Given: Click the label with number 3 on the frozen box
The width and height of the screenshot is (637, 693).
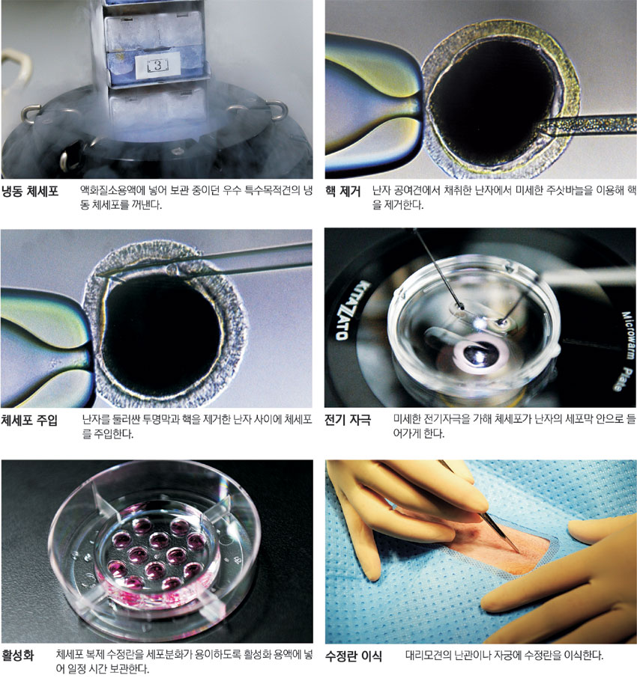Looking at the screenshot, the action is (157, 66).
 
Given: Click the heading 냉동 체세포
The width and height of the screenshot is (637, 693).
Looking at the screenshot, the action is (30, 192).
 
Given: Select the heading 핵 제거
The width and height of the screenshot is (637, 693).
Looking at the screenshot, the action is (343, 192).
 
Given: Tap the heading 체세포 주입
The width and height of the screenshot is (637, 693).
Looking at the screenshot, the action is (30, 420).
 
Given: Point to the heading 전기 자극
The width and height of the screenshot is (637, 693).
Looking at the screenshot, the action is (348, 419).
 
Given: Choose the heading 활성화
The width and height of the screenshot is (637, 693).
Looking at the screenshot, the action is (18, 655).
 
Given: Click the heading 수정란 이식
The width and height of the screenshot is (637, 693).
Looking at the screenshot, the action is (353, 656).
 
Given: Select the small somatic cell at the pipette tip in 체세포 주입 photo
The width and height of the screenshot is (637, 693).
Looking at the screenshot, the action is (172, 269).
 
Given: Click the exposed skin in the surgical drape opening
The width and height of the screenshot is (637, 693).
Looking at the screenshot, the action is (509, 548).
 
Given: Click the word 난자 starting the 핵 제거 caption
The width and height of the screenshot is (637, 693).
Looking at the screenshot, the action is (381, 191).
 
